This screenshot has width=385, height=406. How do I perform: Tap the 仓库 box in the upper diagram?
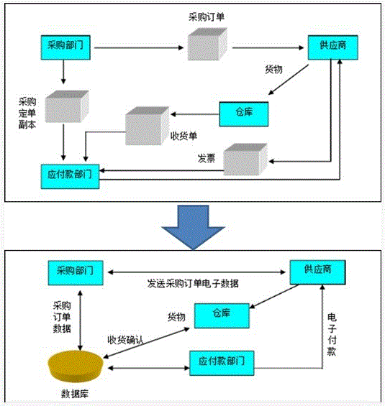point(243,111)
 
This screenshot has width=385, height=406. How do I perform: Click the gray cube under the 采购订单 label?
point(207,45)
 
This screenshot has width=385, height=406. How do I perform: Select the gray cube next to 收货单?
point(147,129)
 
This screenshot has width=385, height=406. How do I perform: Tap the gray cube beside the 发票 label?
point(245,157)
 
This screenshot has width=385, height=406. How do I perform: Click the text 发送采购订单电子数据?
point(193,284)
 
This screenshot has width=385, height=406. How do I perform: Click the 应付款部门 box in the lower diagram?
point(222,363)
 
